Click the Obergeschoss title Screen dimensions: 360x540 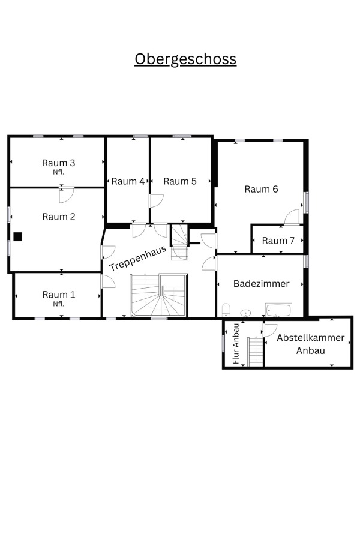click(x=185, y=59)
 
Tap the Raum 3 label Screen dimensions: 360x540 click(x=59, y=163)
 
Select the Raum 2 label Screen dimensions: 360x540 click(x=59, y=217)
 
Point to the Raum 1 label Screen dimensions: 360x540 click(x=59, y=295)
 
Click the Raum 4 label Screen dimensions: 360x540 click(x=128, y=181)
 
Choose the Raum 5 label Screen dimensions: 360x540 click(x=180, y=181)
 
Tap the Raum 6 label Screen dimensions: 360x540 click(x=261, y=189)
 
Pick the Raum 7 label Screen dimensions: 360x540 click(x=278, y=241)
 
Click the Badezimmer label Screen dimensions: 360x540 click(x=261, y=283)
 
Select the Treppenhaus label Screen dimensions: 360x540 click(x=138, y=258)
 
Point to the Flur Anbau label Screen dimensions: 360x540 click(x=236, y=344)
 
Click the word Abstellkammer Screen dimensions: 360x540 click(x=310, y=337)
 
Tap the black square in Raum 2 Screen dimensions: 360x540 click(x=18, y=236)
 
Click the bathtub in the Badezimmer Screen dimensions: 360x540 click(x=278, y=310)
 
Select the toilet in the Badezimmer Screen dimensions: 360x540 click(x=226, y=310)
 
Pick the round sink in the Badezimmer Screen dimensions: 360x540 click(x=245, y=313)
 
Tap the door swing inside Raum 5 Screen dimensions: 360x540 click(x=157, y=201)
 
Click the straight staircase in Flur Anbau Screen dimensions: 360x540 click(x=256, y=351)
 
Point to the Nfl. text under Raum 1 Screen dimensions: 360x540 click(x=59, y=304)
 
